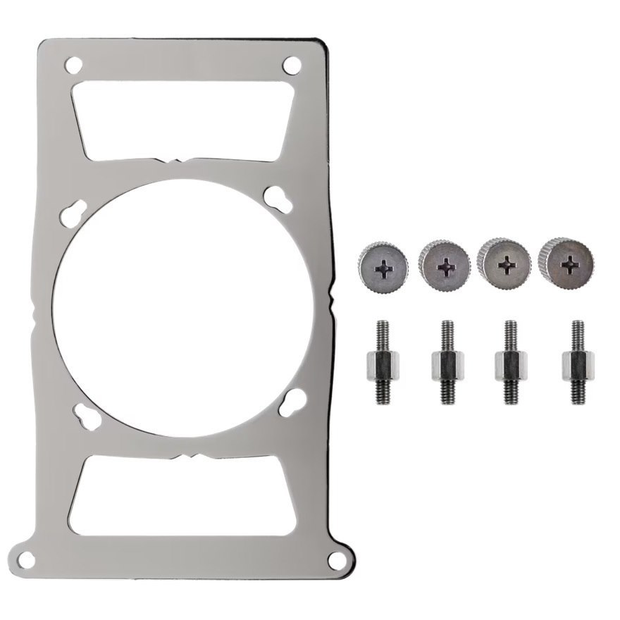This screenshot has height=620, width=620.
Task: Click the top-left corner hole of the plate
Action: coord(73,65)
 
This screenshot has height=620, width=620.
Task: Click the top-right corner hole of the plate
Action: coord(292,65)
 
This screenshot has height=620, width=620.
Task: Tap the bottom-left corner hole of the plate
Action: coord(26,560)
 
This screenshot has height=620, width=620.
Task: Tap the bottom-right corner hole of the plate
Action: coord(337,560)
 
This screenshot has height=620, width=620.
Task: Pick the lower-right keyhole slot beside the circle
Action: coord(292,402)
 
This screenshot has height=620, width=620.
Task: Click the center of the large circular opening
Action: coord(182,309)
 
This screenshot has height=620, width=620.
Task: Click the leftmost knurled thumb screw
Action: coord(383,266)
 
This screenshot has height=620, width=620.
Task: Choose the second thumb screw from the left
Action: coord(445,264)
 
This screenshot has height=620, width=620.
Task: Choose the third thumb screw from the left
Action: coord(505,263)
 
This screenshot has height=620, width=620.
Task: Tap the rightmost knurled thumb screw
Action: coord(566,262)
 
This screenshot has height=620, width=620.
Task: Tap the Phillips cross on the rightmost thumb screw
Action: coord(569,265)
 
